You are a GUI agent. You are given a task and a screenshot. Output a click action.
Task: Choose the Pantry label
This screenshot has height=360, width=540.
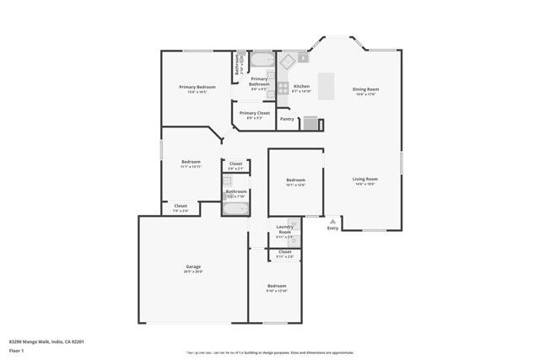coord(287,119)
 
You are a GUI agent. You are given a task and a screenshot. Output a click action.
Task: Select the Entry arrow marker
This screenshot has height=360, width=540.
coord(332,220)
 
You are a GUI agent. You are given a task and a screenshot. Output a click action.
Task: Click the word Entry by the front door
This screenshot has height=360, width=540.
coord(332,228)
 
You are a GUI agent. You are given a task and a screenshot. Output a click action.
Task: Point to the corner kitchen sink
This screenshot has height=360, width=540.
coord(287,60)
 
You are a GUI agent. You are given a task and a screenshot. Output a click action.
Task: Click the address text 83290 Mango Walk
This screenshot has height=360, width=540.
coord(46,341)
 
